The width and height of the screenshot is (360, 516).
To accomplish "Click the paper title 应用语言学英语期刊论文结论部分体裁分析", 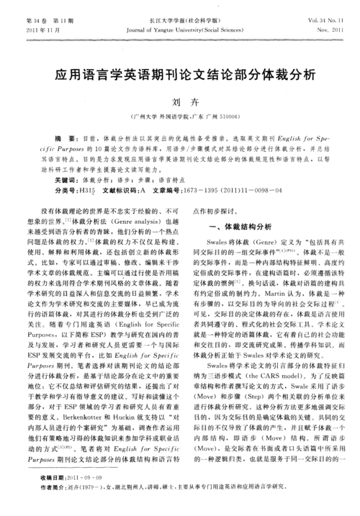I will pos(180,75).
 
